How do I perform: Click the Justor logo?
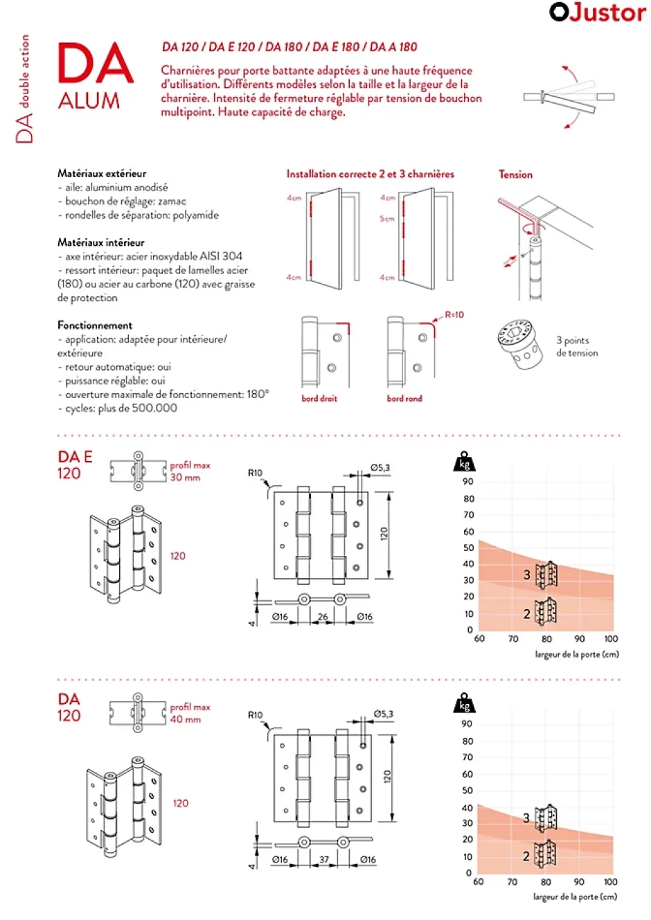[x=597, y=12]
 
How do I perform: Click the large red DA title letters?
[x=95, y=64]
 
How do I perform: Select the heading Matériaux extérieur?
[x=102, y=174]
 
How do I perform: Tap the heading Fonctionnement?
[x=95, y=325]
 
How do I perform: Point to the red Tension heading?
[x=516, y=175]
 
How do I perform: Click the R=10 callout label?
[x=454, y=315]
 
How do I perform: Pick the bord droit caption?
[x=319, y=399]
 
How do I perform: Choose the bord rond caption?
[x=404, y=399]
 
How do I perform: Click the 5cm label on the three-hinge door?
[x=386, y=219]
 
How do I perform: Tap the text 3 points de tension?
[x=577, y=347]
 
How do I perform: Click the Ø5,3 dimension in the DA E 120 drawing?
[x=380, y=468]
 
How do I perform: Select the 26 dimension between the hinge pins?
[x=323, y=617]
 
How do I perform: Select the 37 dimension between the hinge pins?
[x=324, y=860]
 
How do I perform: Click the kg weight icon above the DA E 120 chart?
[x=464, y=462]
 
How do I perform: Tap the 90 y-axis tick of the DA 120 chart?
[x=467, y=724]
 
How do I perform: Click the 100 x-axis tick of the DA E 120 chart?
[x=611, y=639]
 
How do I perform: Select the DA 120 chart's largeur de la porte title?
[x=575, y=896]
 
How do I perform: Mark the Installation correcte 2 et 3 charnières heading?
[x=371, y=174]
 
